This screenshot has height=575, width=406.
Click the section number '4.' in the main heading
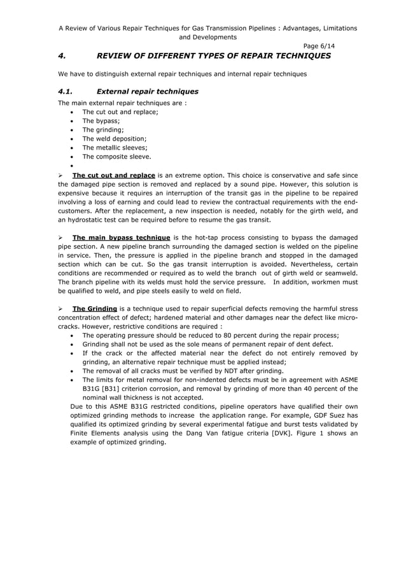point(62,56)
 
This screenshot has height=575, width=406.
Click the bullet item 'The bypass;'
point(100,120)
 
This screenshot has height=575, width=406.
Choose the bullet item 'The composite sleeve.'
point(116,156)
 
